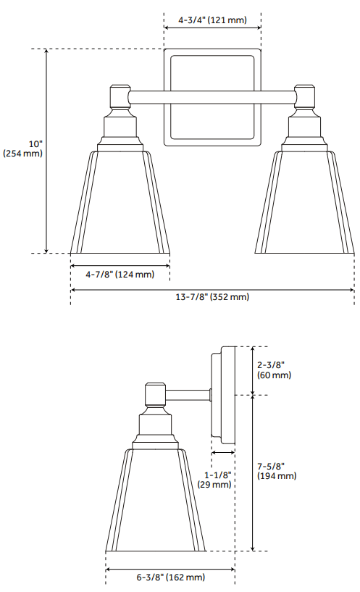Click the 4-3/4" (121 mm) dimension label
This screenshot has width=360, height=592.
coord(212,21)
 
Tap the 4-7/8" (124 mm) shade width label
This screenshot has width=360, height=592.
coord(120,275)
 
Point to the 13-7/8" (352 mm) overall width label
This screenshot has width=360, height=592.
coord(212,297)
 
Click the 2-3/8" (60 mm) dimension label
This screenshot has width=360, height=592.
coord(274,370)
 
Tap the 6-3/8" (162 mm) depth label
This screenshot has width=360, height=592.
coord(170,577)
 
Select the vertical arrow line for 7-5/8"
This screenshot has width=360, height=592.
coord(251,472)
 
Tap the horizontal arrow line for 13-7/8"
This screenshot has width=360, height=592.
coord(212,289)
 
